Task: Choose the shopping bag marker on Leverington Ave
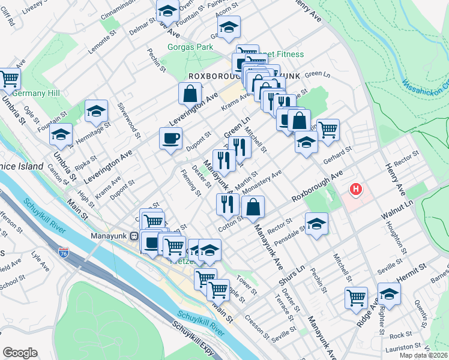click(x=190, y=94)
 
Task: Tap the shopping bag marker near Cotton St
click(x=253, y=208)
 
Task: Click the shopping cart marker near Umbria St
click(x=10, y=79)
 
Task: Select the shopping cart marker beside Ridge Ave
click(x=356, y=298)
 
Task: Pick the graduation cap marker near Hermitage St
click(x=96, y=111)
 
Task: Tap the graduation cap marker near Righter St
click(x=389, y=294)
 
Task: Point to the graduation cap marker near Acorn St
click(x=229, y=27)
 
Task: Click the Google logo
click(x=20, y=353)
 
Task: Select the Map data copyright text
click(x=424, y=354)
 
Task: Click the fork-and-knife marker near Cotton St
click(x=228, y=205)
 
